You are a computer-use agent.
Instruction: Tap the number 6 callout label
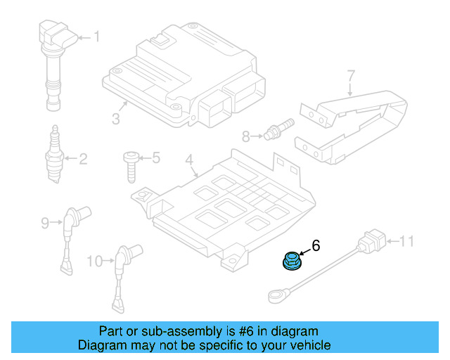point(316,245)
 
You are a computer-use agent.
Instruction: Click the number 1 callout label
point(97,37)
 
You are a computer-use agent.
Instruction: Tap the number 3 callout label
point(116,117)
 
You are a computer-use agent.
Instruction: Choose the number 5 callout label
point(156,157)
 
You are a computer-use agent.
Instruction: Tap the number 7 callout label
point(351,75)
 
